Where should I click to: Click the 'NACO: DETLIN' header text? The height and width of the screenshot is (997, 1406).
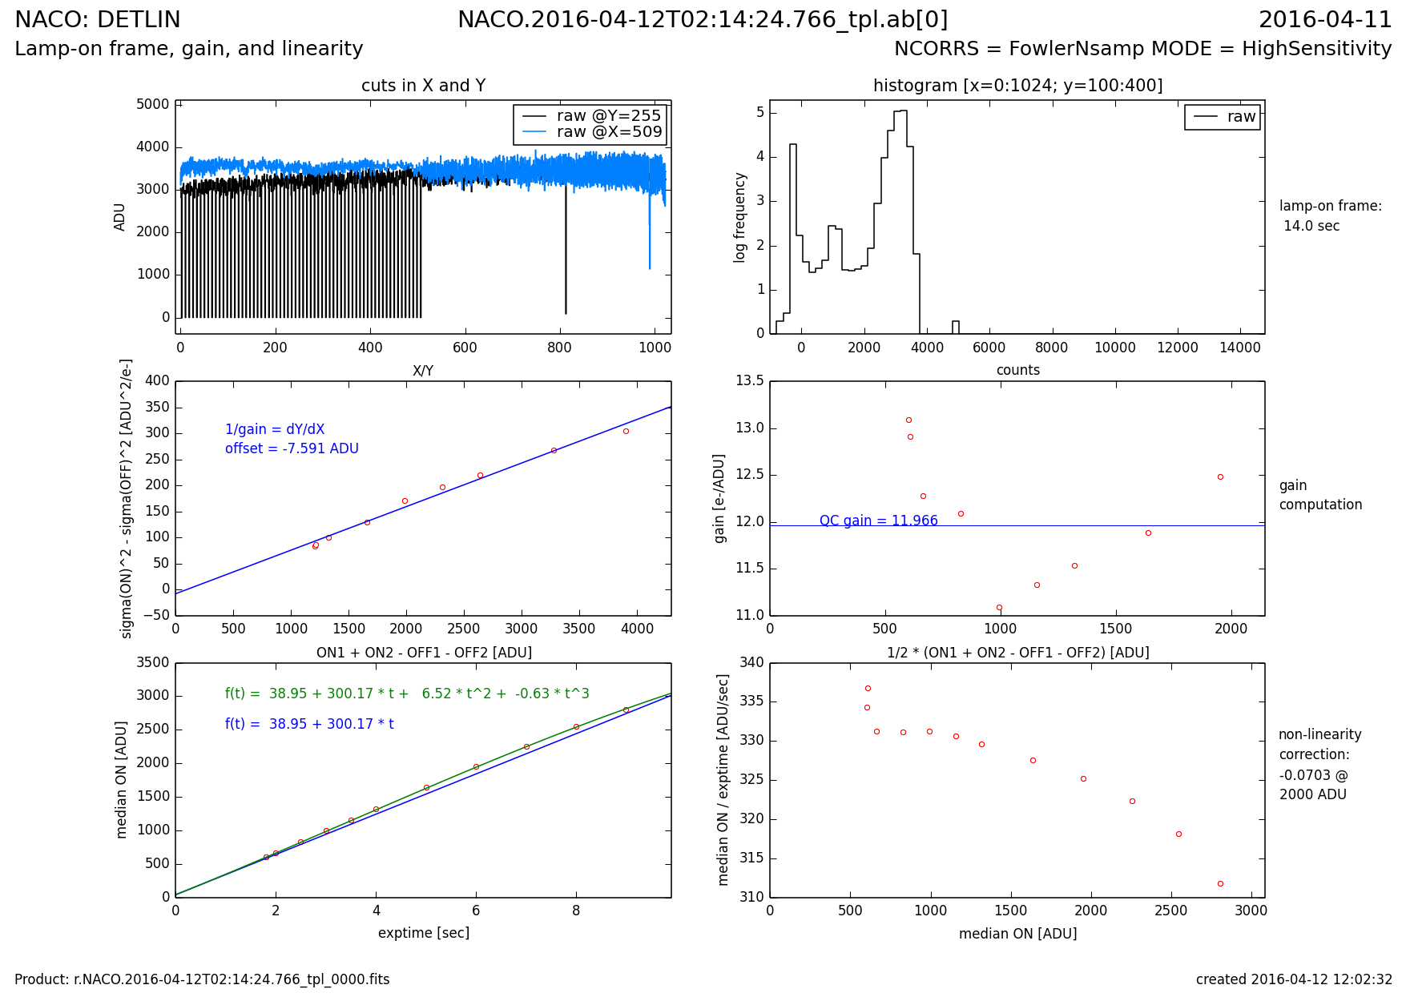click(98, 20)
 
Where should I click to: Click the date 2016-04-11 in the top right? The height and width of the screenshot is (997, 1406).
click(1325, 20)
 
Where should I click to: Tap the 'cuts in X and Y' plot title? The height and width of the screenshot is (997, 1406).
click(423, 86)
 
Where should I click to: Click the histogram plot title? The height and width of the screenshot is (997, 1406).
click(1017, 86)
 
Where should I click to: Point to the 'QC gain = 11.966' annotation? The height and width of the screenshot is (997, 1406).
click(878, 521)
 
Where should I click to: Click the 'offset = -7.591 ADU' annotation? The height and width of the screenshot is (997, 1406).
click(292, 448)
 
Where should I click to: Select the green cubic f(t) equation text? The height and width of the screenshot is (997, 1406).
click(407, 693)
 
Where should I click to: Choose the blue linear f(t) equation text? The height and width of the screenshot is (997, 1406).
click(309, 724)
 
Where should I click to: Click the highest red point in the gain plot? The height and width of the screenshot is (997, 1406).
click(908, 420)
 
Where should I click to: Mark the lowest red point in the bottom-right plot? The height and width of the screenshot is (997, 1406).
click(1220, 883)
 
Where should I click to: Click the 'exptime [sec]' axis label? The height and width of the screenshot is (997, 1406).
click(423, 933)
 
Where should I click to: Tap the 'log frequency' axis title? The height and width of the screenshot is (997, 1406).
click(740, 217)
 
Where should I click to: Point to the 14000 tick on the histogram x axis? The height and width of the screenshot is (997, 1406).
click(1239, 348)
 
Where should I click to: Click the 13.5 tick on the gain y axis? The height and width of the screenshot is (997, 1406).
click(749, 381)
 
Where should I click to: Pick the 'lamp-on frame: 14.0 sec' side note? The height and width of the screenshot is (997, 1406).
click(1330, 215)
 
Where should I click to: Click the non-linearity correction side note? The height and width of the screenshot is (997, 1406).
click(1319, 764)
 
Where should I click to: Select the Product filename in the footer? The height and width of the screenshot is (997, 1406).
click(202, 979)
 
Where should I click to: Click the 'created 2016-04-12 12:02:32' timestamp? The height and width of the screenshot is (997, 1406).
click(1294, 979)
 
